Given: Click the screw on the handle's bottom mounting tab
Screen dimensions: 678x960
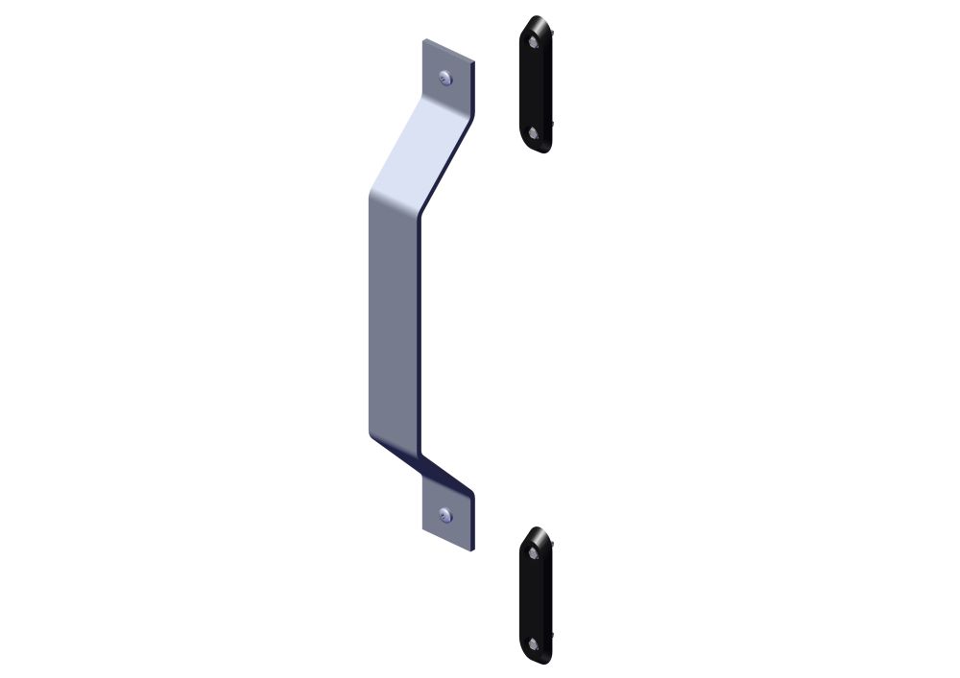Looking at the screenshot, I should (x=444, y=517).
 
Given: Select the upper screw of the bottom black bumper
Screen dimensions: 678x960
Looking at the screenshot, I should (x=534, y=551).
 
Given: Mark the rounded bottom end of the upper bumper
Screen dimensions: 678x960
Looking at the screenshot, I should (x=538, y=149).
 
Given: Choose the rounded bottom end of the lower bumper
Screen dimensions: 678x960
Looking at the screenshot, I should (x=538, y=660).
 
